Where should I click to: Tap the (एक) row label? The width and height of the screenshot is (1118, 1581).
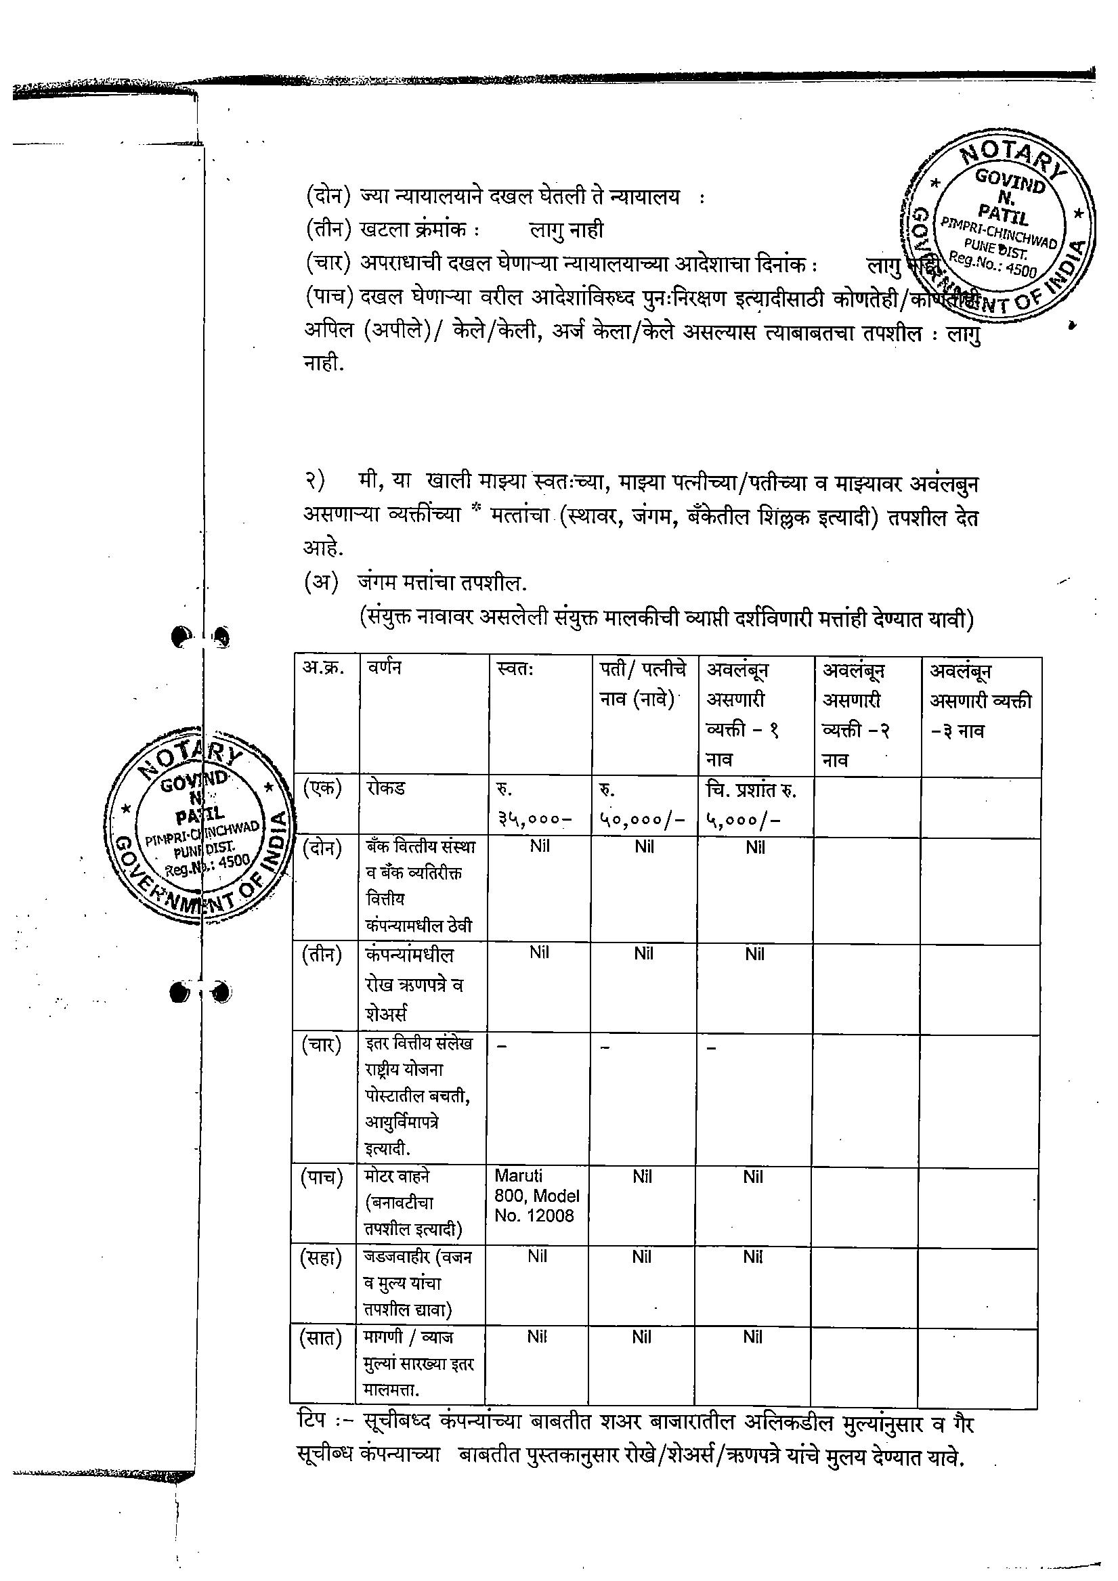(x=322, y=787)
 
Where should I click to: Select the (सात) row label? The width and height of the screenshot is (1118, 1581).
(x=321, y=1338)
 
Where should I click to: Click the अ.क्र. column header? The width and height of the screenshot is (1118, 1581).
(x=323, y=668)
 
